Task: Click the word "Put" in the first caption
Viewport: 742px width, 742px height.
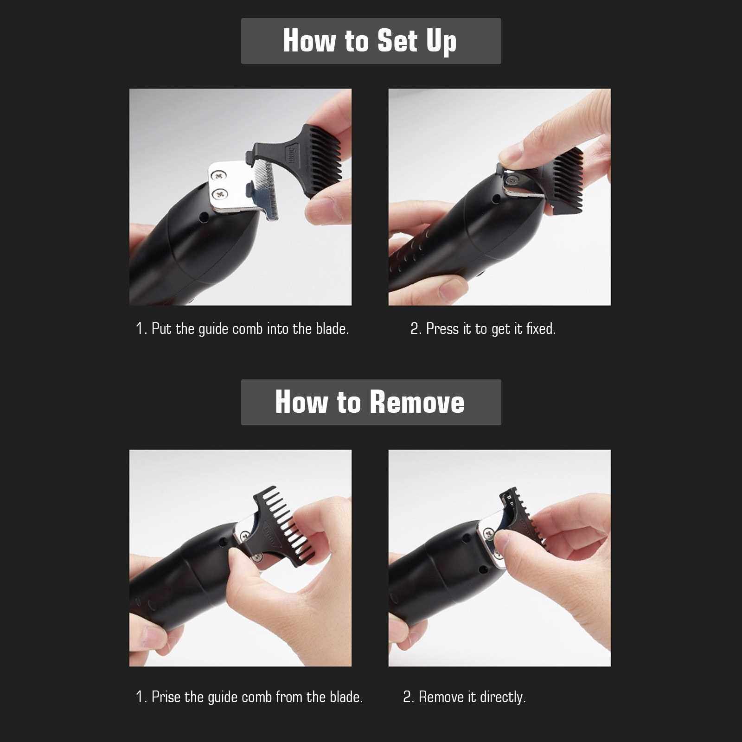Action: pyautogui.click(x=161, y=329)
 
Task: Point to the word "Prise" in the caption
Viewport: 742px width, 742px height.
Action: pyautogui.click(x=166, y=697)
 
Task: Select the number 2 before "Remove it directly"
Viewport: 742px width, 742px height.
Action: pyautogui.click(x=407, y=697)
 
